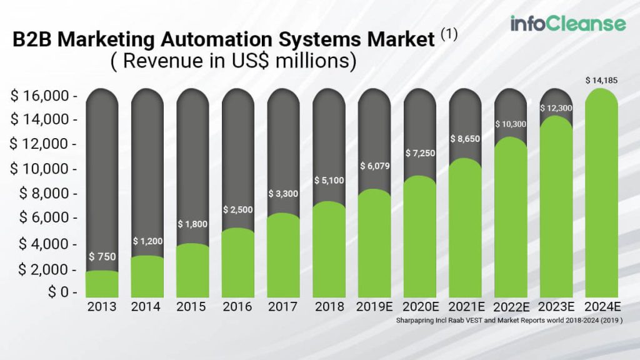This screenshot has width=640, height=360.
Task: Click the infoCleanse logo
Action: coord(567,24)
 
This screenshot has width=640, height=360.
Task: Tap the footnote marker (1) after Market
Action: coord(449,35)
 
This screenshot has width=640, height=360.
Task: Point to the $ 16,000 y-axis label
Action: coord(43,96)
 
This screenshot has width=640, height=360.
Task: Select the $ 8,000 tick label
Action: coord(46,194)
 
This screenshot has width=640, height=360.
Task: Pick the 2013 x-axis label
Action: coord(102,307)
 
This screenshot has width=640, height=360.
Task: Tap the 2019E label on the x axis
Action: coord(374,307)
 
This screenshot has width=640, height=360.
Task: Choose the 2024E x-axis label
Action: coord(601,307)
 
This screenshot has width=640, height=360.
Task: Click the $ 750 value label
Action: coord(101,257)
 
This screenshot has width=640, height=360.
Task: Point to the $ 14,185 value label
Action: coord(601,80)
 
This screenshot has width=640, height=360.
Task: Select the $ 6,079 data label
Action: coord(374,166)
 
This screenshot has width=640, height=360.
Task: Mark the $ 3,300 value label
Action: coord(283,194)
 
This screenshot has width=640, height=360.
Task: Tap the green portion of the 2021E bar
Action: coord(465,231)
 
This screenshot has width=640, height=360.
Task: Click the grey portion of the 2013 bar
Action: coord(102,175)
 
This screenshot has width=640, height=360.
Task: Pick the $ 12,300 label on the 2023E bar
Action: coord(556,108)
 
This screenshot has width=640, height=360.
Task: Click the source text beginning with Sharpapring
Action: coord(509,319)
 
